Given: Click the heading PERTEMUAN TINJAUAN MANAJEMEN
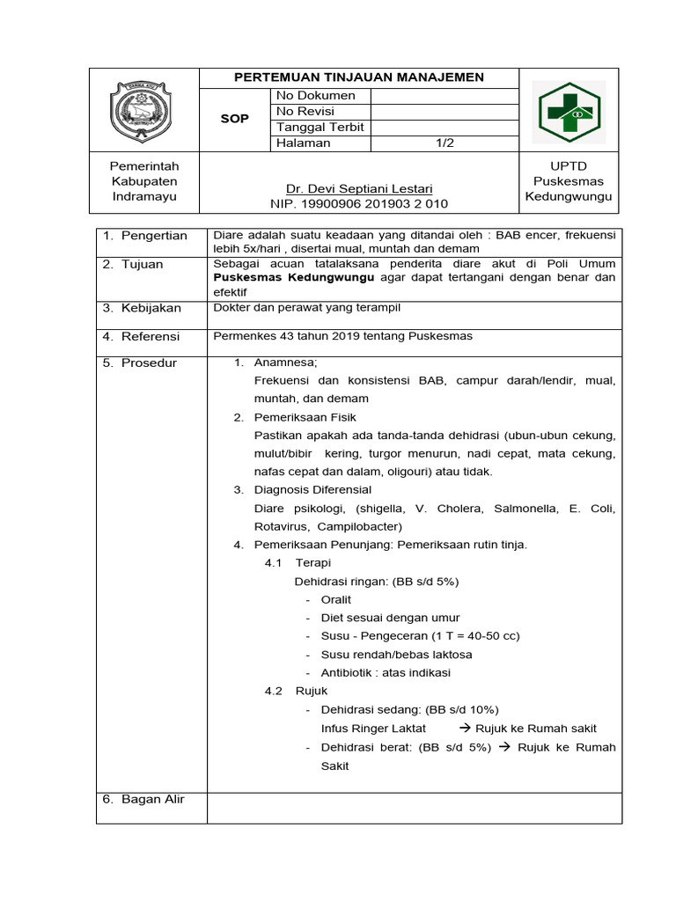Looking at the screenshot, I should [x=358, y=77].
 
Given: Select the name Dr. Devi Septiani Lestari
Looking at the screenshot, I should [x=358, y=189].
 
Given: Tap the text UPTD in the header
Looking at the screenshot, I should [x=568, y=166].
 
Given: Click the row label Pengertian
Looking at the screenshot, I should [x=154, y=236].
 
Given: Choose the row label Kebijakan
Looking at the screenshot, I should [x=151, y=308].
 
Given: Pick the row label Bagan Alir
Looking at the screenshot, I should [x=152, y=799].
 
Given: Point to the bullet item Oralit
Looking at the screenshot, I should [x=336, y=599].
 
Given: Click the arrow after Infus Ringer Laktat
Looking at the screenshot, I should [x=466, y=729].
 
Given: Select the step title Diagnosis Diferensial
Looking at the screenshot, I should [x=312, y=489].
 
